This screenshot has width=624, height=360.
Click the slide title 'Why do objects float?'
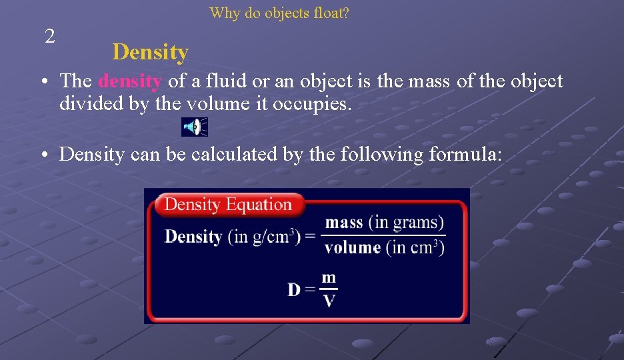click(x=279, y=13)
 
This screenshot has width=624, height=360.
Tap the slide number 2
click(x=49, y=37)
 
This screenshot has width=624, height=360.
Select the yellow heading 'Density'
click(x=150, y=52)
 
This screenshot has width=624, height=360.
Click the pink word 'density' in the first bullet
click(x=130, y=81)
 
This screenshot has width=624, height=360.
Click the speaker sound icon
click(x=194, y=126)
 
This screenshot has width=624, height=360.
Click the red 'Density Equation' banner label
click(x=228, y=204)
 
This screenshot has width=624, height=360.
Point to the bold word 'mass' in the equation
click(x=344, y=223)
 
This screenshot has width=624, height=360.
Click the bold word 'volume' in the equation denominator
click(x=353, y=247)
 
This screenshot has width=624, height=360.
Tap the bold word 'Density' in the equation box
click(x=193, y=237)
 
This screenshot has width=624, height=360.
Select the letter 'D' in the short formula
click(x=294, y=289)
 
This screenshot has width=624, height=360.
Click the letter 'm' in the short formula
click(x=329, y=278)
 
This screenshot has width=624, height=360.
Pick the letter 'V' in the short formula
click(x=329, y=301)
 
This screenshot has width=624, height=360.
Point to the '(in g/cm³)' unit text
click(x=264, y=237)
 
